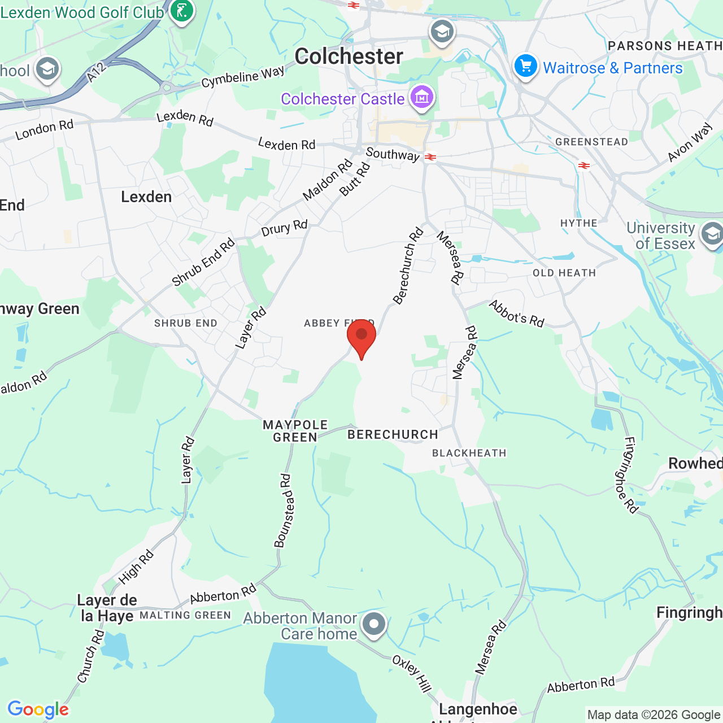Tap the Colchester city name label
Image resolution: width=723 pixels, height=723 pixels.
tap(349, 56)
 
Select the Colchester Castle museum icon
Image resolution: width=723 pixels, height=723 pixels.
tap(422, 98)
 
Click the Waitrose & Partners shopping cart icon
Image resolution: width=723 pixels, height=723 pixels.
tap(525, 67)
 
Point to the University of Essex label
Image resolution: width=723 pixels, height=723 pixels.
tap(661, 236)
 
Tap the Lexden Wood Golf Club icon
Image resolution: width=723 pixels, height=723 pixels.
tap(181, 11)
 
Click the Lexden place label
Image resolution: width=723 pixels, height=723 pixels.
tap(146, 197)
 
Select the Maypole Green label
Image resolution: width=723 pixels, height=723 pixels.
tap(295, 431)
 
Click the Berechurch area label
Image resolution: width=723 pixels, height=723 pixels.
tap(393, 434)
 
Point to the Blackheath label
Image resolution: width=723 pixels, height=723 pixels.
tap(469, 453)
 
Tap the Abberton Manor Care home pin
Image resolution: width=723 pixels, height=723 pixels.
tap(373, 624)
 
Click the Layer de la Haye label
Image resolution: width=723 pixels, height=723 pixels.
tap(107, 608)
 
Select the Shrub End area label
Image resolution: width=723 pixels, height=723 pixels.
tap(186, 323)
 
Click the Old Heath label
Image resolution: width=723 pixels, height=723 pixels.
tap(564, 273)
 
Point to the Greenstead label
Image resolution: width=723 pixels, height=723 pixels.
tap(591, 142)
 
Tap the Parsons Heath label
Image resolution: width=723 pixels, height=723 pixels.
tap(665, 46)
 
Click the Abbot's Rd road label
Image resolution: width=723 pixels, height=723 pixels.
tap(517, 313)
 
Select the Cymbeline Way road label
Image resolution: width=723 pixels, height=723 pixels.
tap(243, 77)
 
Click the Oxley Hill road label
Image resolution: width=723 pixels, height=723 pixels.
tap(412, 673)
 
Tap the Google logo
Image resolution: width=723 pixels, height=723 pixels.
tap(38, 709)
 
